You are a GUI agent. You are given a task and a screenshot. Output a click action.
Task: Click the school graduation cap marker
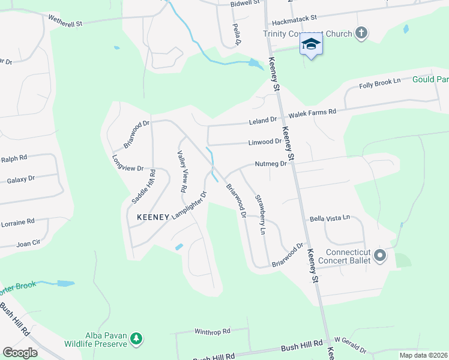pyautogui.click(x=311, y=44)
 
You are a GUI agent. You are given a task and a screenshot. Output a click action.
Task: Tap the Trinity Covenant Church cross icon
pyautogui.click(x=361, y=33)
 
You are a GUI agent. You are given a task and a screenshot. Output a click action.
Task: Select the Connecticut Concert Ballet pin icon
pyautogui.click(x=379, y=256)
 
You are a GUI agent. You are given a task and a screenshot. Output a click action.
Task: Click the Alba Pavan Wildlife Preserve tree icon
pyautogui.click(x=137, y=339)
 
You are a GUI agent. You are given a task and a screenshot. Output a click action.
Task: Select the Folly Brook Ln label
pyautogui.click(x=379, y=83)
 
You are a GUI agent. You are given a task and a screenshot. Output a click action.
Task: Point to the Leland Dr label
pyautogui.click(x=263, y=122)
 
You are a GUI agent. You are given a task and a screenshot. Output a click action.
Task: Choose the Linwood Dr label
pyautogui.click(x=265, y=142)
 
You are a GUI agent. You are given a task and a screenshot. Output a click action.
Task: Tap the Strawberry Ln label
pyautogui.click(x=260, y=214)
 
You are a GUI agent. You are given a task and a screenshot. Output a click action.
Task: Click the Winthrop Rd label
pyautogui.click(x=212, y=331)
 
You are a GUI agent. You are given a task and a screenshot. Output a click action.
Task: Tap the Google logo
pyautogui.click(x=20, y=353)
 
